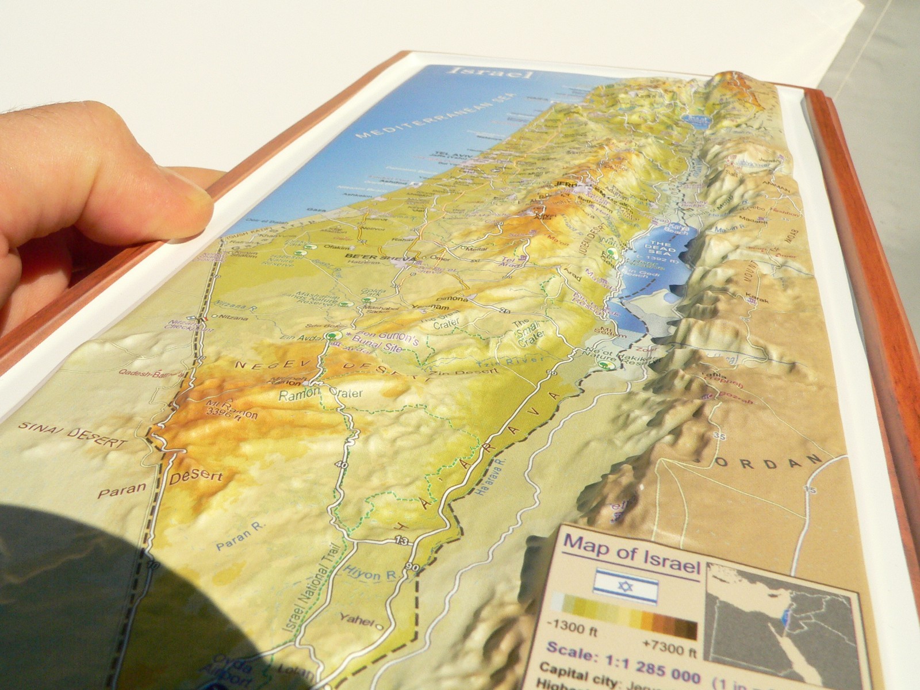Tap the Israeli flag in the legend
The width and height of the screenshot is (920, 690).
[626, 587]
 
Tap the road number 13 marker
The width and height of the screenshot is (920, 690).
[402, 540]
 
